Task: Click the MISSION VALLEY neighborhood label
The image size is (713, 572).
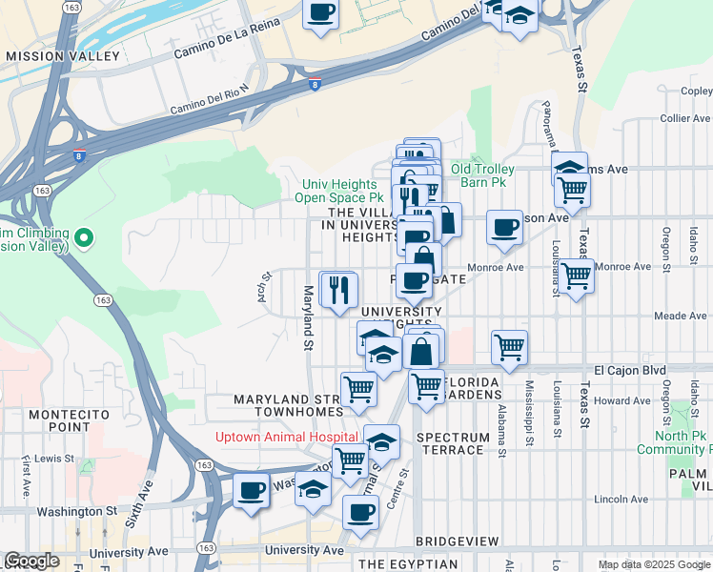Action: tap(63, 56)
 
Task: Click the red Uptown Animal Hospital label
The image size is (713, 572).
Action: tap(274, 437)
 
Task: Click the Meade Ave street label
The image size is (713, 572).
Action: tap(680, 316)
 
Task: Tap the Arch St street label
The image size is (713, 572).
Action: tap(264, 288)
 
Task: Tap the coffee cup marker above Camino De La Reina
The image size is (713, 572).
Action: tap(321, 14)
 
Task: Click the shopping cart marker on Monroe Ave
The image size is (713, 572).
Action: tap(577, 276)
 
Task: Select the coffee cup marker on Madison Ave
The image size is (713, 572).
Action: tap(504, 229)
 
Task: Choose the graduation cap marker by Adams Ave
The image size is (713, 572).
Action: tap(570, 167)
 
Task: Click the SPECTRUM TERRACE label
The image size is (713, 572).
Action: tap(450, 442)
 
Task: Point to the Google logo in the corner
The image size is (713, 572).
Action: tap(31, 561)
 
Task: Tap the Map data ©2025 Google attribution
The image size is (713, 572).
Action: tap(653, 564)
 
